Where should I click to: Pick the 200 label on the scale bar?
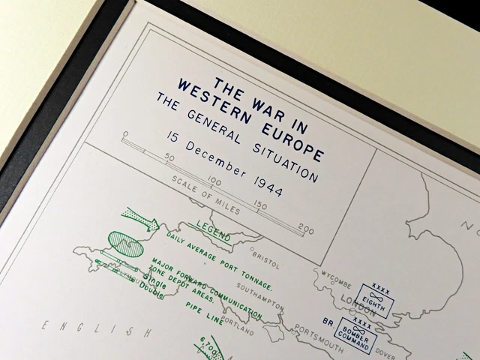click(x=305, y=229)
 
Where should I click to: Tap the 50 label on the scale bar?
click(x=170, y=157)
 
